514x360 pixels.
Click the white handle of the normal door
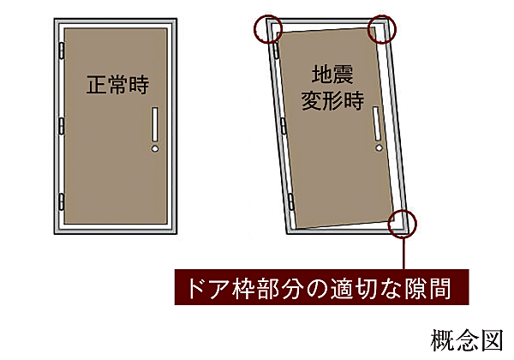point(154,126)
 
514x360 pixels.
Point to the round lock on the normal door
point(154,149)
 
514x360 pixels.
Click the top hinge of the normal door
point(60,52)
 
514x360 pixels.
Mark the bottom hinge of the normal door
point(60,202)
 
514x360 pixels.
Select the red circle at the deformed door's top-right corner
point(382,29)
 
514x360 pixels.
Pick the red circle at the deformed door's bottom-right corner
point(401,225)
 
